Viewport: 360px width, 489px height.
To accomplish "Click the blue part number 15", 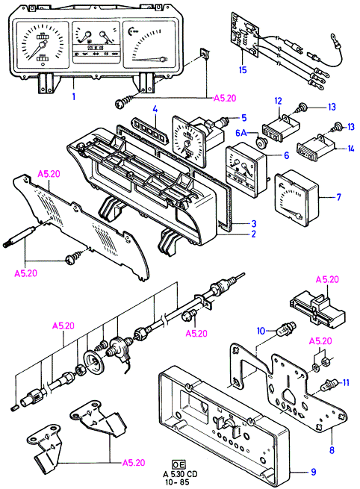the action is coord(243,70).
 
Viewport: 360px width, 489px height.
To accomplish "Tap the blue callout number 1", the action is coord(74,96).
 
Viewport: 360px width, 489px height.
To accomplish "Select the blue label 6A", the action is coord(241,133).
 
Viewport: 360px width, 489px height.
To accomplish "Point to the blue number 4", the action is coord(155,110).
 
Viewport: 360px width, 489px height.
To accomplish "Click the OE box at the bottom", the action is coord(179,464).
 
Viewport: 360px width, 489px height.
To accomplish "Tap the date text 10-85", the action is coord(176,482).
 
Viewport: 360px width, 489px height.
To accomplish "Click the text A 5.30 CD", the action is coord(180,474).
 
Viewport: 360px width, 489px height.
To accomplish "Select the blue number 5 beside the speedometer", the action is coord(244,117).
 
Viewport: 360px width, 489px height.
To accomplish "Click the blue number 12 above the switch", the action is coord(278,101).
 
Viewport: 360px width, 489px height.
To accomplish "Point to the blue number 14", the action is coord(351,149).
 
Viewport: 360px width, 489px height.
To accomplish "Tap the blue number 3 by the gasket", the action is coord(254,223).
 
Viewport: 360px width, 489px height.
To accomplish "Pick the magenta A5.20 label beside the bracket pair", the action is coord(134,462).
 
